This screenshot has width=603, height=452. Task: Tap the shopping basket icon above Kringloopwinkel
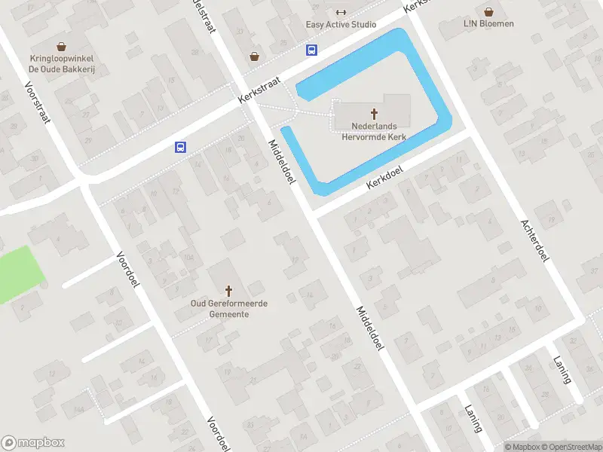coord(62,47)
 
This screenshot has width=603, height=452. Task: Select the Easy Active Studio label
coord(341,24)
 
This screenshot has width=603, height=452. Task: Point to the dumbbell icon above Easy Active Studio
coord(341,12)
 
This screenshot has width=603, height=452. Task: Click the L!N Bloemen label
coord(489,23)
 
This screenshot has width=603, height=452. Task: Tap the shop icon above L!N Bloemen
coord(489,12)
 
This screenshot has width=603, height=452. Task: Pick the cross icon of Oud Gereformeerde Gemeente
coord(229,291)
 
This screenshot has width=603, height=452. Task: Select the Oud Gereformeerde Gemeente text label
coord(229,308)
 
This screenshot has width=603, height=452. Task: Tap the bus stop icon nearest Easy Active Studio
coord(311,50)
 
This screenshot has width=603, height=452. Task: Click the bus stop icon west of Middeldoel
coord(181,147)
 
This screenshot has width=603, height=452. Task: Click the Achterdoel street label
coord(534,241)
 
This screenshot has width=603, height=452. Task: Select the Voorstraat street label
coord(36,102)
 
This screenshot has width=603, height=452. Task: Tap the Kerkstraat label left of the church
coord(259,89)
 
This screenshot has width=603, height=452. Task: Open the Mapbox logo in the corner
coord(33,443)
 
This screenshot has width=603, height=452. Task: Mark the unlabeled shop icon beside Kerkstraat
coord(255,56)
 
